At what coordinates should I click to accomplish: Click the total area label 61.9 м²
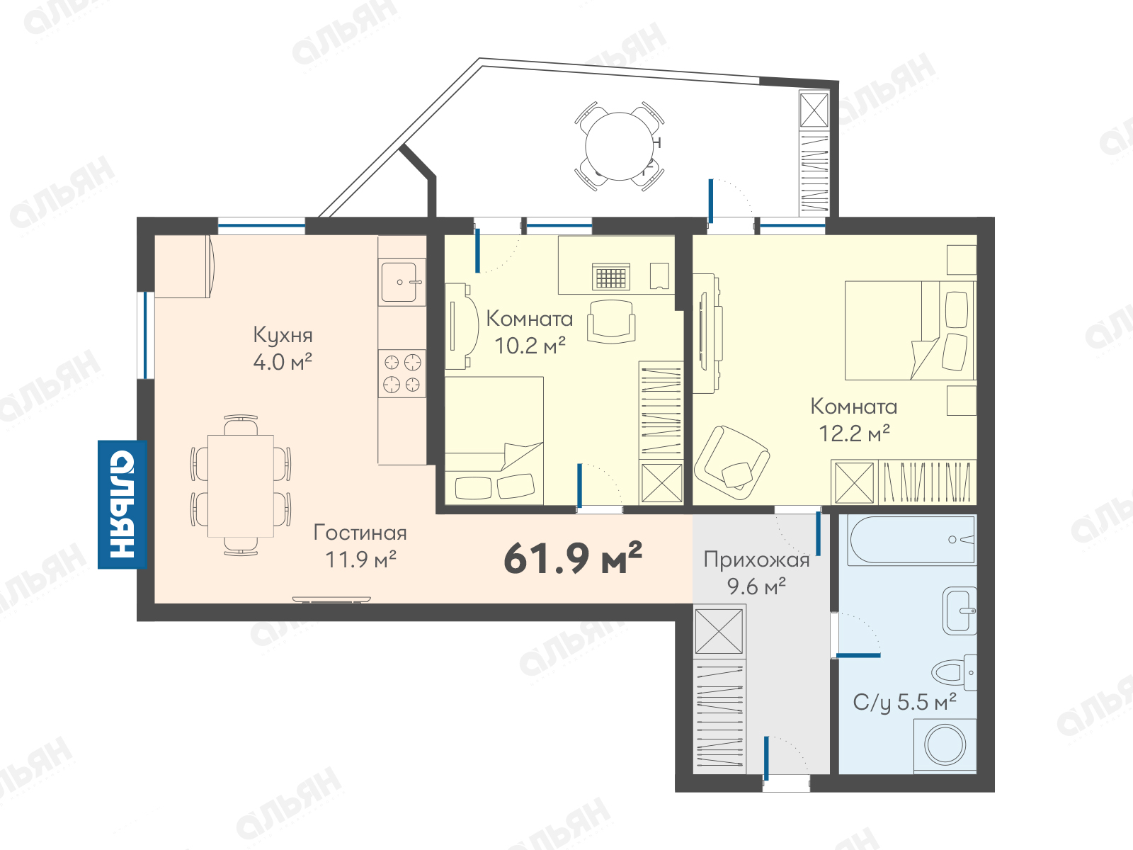point(572,558)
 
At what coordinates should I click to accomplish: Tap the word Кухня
point(283,336)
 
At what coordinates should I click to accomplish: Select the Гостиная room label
point(360,533)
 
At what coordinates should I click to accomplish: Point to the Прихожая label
point(757,560)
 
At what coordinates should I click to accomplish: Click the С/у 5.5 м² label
point(904,703)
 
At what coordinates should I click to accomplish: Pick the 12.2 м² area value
point(854,433)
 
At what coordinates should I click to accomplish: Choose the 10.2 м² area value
point(530,346)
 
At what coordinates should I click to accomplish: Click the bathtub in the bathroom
point(911,540)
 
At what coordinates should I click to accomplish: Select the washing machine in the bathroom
point(945,745)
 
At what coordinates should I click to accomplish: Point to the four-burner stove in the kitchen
point(402,374)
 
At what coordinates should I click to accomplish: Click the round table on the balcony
point(620,146)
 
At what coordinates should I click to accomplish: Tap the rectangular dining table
point(241,486)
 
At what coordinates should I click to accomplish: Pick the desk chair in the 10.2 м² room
point(611,322)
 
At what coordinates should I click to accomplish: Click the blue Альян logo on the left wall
point(123,505)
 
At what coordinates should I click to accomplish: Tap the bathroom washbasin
point(960,611)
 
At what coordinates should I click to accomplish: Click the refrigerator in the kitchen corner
point(184,266)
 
